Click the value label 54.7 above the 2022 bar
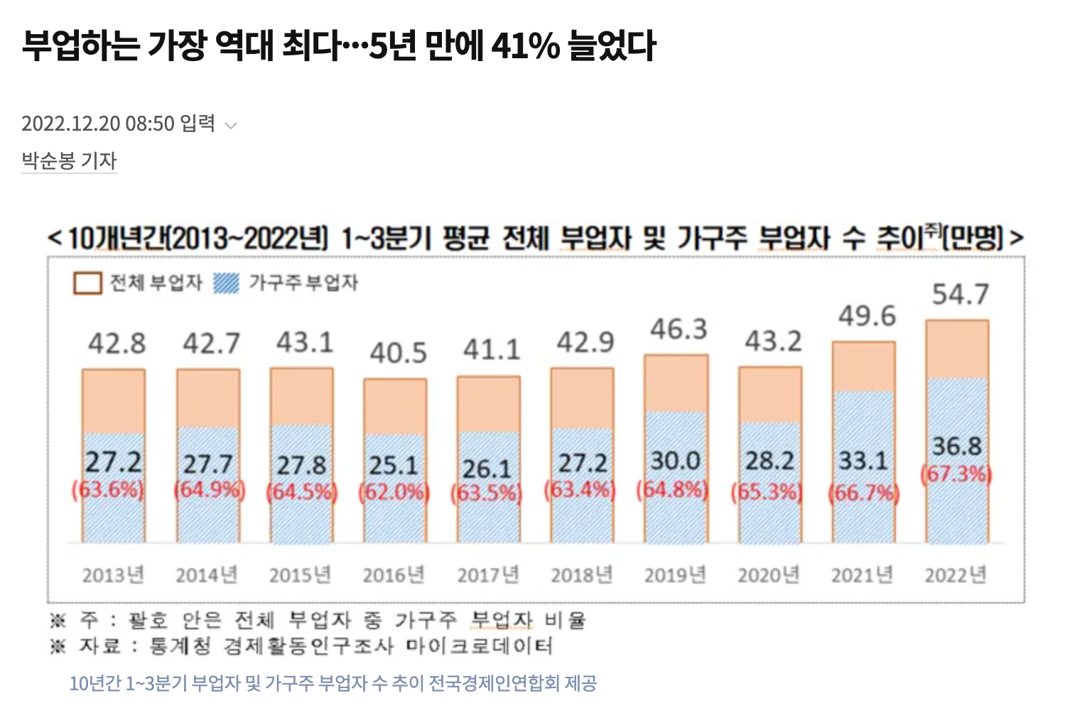point(961,294)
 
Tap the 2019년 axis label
point(675,575)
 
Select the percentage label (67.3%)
point(956,474)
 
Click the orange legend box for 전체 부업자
point(87,283)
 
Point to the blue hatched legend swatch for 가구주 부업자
point(227,283)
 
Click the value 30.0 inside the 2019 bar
point(675,461)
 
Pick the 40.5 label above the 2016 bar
point(398,353)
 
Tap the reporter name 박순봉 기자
point(69,160)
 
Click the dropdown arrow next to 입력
point(231,126)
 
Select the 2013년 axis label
point(113,575)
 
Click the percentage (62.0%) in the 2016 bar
point(394,491)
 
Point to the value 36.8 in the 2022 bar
point(956,446)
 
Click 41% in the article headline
point(525,46)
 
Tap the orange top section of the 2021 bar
point(863,366)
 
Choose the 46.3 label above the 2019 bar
point(679,330)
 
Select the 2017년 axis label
point(488,575)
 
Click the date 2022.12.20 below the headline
point(71,124)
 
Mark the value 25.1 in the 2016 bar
point(394,465)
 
